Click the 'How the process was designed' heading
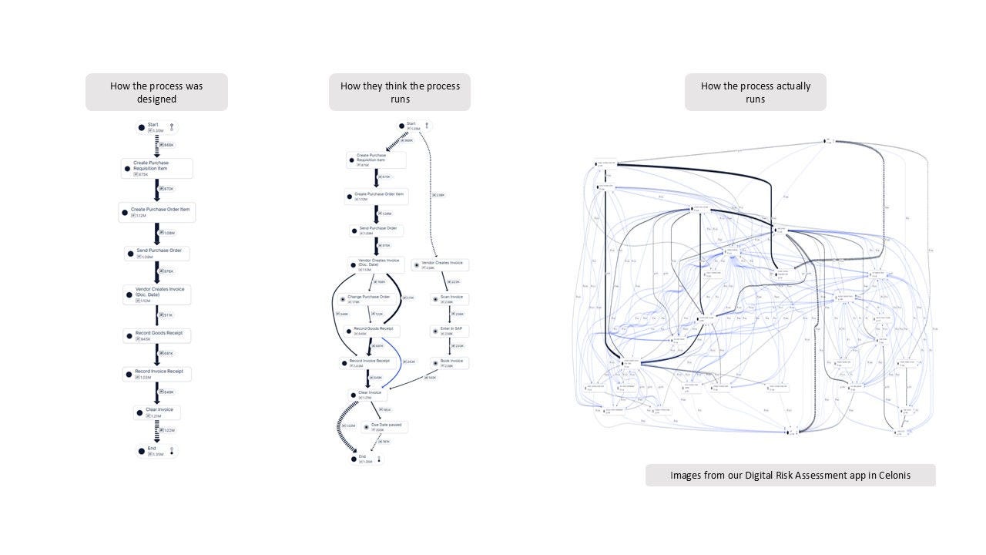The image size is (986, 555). click(x=156, y=92)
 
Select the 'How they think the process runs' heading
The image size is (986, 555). click(x=400, y=92)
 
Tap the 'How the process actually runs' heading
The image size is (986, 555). click(x=755, y=92)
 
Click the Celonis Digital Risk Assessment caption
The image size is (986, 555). click(x=790, y=476)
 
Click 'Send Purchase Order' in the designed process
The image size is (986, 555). click(x=157, y=254)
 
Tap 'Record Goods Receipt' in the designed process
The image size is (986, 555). click(x=157, y=335)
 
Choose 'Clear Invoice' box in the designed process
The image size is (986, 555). click(x=157, y=412)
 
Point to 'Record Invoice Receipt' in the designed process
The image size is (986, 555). click(x=157, y=373)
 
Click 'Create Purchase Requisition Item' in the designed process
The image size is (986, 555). click(x=157, y=169)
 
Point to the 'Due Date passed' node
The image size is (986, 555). click(x=383, y=427)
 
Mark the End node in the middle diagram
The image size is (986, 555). click(x=361, y=459)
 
